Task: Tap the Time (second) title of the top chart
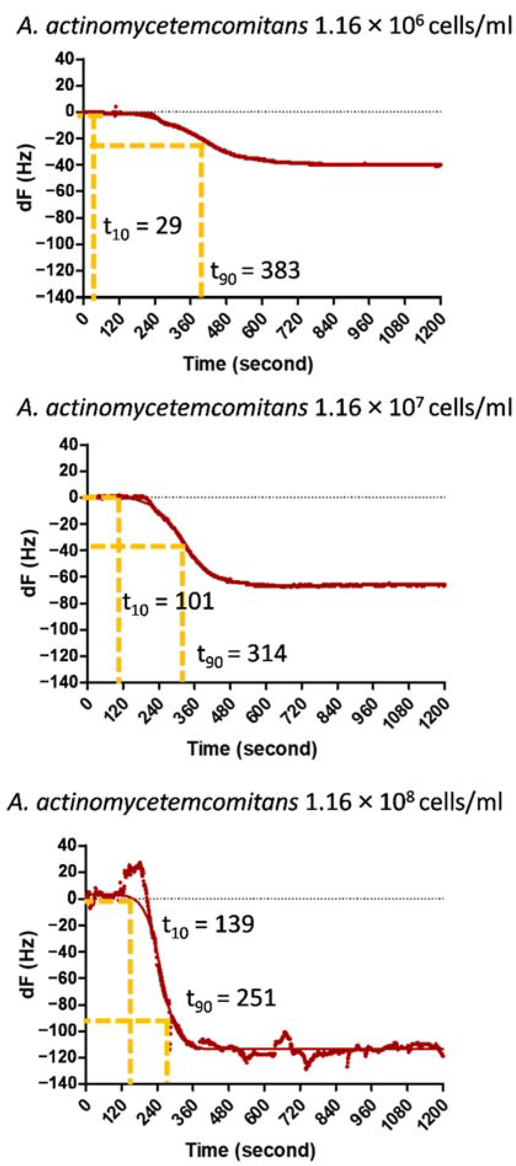tap(248, 363)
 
